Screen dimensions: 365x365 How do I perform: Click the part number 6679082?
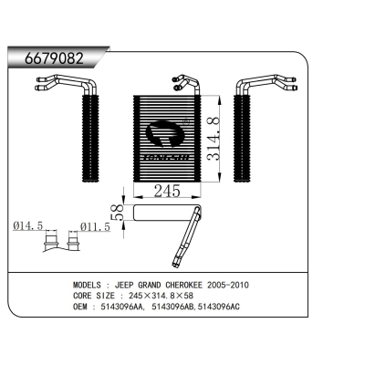pyautogui.click(x=54, y=58)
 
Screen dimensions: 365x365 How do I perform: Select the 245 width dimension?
pyautogui.click(x=167, y=191)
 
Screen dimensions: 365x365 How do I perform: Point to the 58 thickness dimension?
pyautogui.click(x=118, y=212)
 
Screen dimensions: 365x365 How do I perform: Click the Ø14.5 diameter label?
pyautogui.click(x=28, y=225)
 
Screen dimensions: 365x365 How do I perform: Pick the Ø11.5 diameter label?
pyautogui.click(x=95, y=226)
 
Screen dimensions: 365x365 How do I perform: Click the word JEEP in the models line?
pyautogui.click(x=124, y=285)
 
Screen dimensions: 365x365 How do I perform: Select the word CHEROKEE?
pyautogui.click(x=183, y=285)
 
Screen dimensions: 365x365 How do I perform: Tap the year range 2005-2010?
pyautogui.click(x=228, y=285)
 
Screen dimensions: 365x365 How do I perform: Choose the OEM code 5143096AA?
pyautogui.click(x=121, y=307)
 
